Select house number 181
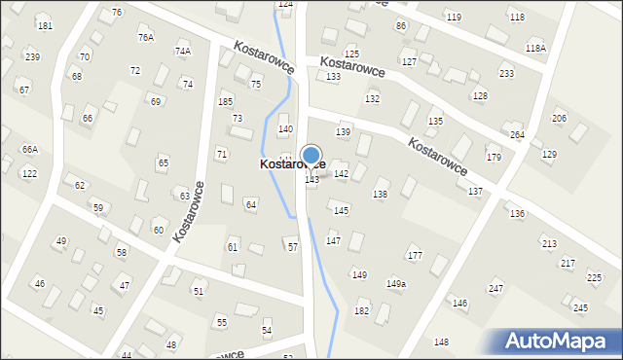[45, 25]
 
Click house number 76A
[146, 38]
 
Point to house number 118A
[535, 48]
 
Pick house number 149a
[396, 284]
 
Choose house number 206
[559, 119]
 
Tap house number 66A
[30, 150]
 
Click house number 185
[226, 102]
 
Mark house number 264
[517, 135]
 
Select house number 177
[415, 256]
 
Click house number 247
[495, 289]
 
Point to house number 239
[32, 57]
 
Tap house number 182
[361, 311]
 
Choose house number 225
[594, 278]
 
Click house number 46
[40, 284]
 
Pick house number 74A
[182, 52]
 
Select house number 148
[441, 342]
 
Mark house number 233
[506, 74]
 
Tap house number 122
[29, 174]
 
